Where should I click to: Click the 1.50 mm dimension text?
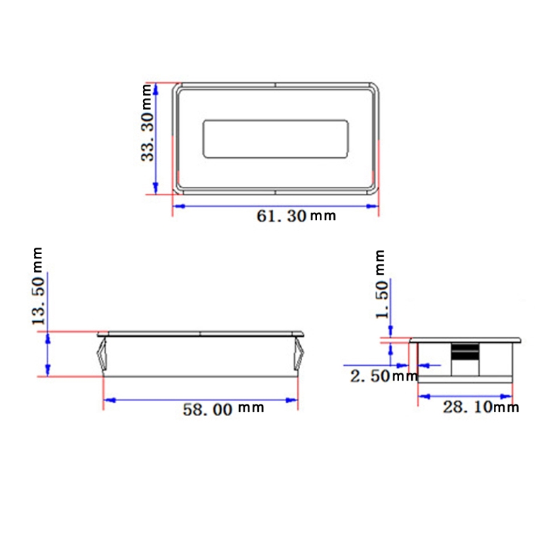click(x=381, y=285)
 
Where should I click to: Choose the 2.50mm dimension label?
click(x=383, y=376)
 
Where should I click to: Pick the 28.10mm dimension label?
click(x=480, y=406)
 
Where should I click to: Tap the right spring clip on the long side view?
click(x=299, y=356)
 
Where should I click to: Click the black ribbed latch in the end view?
click(x=464, y=352)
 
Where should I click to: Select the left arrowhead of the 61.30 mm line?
click(x=178, y=207)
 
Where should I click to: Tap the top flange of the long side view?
click(x=201, y=334)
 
